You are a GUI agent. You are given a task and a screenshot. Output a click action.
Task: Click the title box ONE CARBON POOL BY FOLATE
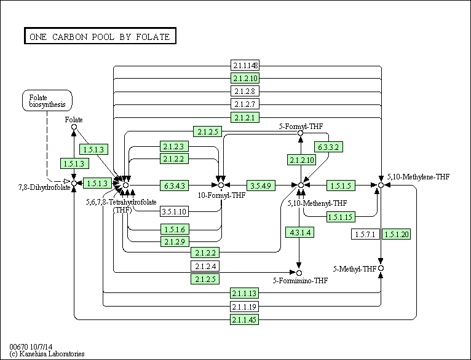click(x=100, y=36)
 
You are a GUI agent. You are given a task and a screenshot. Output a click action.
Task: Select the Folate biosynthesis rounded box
click(x=47, y=100)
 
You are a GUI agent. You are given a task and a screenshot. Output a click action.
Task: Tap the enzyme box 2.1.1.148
click(x=245, y=66)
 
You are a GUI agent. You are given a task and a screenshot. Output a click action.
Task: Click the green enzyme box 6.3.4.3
click(x=175, y=185)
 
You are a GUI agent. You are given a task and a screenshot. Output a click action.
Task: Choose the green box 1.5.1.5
click(x=339, y=185)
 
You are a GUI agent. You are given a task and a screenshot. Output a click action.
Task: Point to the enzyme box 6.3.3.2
click(x=329, y=147)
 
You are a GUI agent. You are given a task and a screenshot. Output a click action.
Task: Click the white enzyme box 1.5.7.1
click(x=365, y=234)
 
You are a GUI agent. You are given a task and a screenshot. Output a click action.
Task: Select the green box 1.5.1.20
click(x=396, y=234)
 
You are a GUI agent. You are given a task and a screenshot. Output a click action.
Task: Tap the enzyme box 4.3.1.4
click(x=299, y=233)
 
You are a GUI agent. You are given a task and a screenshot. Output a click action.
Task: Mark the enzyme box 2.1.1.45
click(x=245, y=319)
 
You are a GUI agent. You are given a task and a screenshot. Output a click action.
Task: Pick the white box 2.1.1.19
click(x=245, y=307)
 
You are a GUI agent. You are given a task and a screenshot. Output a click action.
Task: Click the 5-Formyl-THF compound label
click(x=301, y=126)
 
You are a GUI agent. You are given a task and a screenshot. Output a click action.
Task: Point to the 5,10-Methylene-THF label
click(x=418, y=177)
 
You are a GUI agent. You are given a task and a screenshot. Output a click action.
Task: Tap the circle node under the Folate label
click(x=74, y=127)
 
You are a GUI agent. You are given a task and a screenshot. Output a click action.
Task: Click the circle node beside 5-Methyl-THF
click(x=381, y=268)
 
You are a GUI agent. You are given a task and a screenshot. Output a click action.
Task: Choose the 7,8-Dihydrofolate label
click(x=35, y=186)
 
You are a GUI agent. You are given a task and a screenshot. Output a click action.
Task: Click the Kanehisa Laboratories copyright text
click(x=47, y=354)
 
